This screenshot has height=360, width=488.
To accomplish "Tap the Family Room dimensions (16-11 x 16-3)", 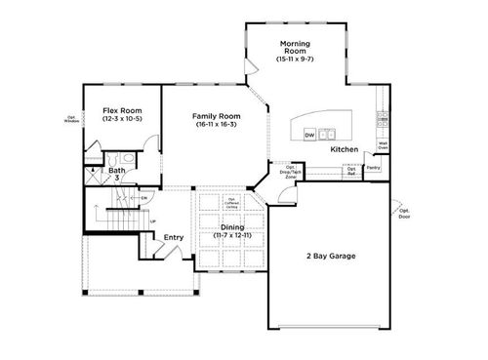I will (x=218, y=125).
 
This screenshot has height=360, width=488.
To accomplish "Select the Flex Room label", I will (x=122, y=111).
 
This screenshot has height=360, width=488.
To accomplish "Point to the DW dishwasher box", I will (x=309, y=135).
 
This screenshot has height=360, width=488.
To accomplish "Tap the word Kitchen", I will (x=344, y=150).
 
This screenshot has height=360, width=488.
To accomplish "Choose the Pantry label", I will (x=373, y=168).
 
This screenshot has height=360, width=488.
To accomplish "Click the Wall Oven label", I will (x=384, y=145).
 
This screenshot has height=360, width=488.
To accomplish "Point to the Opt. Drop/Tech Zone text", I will (x=291, y=172).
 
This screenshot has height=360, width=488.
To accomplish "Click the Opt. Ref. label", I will (x=351, y=171).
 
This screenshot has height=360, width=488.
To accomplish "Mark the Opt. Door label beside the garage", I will (x=405, y=214).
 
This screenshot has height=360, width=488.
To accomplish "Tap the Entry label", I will (x=173, y=237).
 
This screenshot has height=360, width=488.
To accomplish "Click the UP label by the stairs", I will (x=152, y=220).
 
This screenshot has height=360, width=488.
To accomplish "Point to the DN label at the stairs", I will (x=143, y=199).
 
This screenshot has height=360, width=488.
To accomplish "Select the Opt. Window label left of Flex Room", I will (x=72, y=119).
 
